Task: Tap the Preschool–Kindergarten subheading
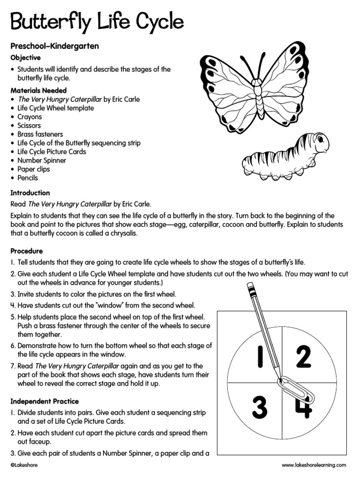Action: tap(54, 47)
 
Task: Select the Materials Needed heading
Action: tap(38, 90)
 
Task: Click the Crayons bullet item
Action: tap(30, 117)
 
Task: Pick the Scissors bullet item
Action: tap(29, 126)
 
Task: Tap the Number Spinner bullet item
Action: tap(42, 160)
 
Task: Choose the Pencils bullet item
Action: tap(28, 178)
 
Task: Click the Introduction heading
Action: tap(30, 193)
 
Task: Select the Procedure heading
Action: tap(27, 251)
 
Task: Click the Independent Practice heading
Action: tap(45, 401)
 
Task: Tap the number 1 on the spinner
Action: tap(258, 358)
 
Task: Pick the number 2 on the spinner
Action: tap(303, 357)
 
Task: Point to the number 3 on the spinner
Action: tap(259, 407)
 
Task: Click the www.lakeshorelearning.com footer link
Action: tap(314, 465)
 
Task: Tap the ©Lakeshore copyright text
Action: tap(24, 465)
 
